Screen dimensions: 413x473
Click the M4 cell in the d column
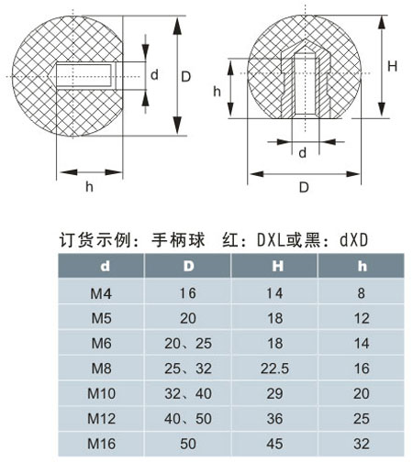101,293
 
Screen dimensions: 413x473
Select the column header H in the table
277,266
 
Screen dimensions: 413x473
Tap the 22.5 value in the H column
274,368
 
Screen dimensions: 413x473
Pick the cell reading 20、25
188,344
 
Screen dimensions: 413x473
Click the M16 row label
101,444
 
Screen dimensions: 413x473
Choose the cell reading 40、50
188,419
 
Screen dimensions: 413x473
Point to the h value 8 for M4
362,293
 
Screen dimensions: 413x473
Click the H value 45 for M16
274,444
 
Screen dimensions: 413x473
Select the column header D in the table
188,266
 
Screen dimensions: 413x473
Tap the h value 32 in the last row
362,444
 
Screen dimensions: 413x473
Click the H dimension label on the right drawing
392,66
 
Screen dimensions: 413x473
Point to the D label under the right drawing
304,187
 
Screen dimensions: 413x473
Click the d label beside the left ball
154,74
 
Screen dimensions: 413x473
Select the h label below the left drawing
89,186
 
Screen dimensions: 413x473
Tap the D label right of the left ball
185,77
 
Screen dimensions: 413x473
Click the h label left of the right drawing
217,91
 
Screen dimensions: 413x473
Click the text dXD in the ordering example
353,240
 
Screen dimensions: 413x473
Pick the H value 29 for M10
274,393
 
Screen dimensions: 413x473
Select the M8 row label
101,368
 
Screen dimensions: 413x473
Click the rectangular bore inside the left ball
84,75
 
